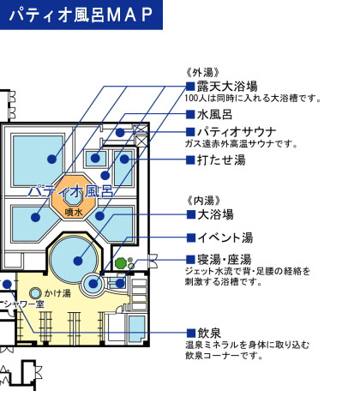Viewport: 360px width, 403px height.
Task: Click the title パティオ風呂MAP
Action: [81, 15]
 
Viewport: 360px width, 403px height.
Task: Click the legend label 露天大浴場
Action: [227, 86]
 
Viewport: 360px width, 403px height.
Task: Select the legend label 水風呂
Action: [214, 115]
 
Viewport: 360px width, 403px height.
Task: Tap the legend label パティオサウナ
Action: [237, 132]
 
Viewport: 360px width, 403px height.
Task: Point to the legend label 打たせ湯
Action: [221, 160]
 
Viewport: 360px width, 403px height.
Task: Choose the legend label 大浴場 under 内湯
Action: [215, 214]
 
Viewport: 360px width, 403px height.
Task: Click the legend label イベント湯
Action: [225, 238]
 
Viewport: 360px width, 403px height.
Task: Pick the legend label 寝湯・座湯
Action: [225, 260]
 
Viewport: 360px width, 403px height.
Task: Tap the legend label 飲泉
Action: [209, 333]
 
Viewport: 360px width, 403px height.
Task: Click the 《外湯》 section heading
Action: [202, 73]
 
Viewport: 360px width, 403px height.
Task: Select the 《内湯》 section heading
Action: [203, 201]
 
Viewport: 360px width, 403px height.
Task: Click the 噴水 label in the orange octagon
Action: [74, 212]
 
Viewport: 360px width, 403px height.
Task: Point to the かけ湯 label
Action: [57, 293]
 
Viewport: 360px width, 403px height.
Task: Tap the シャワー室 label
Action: [24, 304]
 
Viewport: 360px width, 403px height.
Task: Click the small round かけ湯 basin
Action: [35, 293]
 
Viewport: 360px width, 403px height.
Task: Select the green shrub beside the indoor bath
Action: [121, 263]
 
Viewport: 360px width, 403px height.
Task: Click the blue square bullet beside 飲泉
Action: [191, 333]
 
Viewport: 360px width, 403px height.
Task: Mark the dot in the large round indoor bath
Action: [78, 261]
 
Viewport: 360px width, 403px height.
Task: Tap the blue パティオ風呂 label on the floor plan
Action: [70, 191]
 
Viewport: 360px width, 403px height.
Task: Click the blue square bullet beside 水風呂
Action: [190, 114]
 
